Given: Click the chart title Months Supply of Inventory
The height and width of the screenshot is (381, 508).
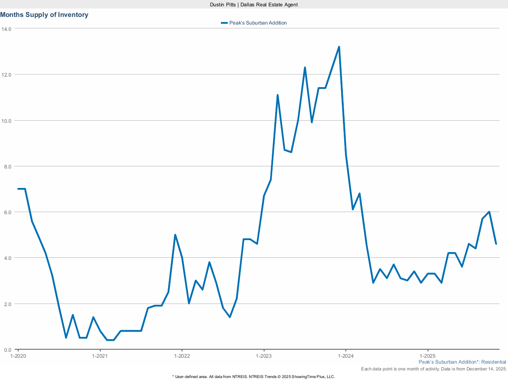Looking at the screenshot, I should click(44, 15).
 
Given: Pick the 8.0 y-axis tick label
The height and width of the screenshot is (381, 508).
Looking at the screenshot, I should click(8, 166).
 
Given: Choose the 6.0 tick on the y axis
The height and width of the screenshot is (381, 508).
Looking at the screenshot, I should click(8, 212).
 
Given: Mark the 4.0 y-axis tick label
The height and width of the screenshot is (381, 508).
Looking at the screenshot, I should click(8, 258).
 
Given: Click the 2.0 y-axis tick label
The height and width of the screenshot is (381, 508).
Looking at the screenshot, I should click(8, 304).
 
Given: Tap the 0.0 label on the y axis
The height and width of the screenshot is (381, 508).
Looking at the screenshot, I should click(8, 350).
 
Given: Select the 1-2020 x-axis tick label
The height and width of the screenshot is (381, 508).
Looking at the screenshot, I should click(18, 356).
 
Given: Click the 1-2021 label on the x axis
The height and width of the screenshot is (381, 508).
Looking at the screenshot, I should click(100, 356).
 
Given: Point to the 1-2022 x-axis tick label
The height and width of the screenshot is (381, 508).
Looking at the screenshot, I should click(182, 356).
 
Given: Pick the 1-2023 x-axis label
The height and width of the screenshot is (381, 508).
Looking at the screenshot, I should click(264, 356).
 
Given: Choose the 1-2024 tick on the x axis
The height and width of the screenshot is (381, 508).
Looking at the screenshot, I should click(346, 356).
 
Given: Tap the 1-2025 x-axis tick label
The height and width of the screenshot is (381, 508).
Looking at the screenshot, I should click(428, 356).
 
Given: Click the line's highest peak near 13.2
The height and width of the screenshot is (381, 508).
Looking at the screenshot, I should click(339, 47).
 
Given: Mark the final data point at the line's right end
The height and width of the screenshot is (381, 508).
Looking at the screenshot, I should click(496, 244).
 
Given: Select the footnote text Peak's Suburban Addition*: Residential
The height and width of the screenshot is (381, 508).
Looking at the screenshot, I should click(462, 362).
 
